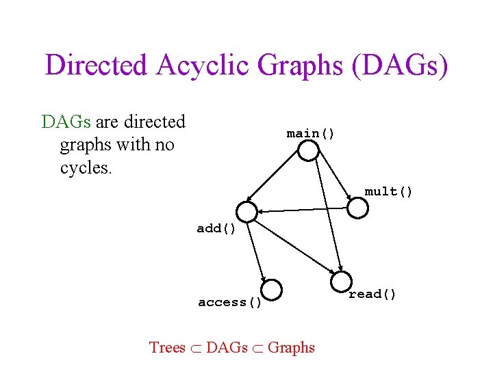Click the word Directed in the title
tap(96, 66)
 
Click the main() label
tap(311, 133)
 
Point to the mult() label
tap(388, 191)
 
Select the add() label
tap(216, 228)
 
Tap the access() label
tap(230, 302)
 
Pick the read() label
tap(372, 294)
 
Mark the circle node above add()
tap(246, 212)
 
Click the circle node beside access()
tap(272, 290)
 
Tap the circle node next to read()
tap(341, 281)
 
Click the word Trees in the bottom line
tap(168, 347)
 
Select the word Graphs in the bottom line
tap(291, 347)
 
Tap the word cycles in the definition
tap(86, 167)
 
